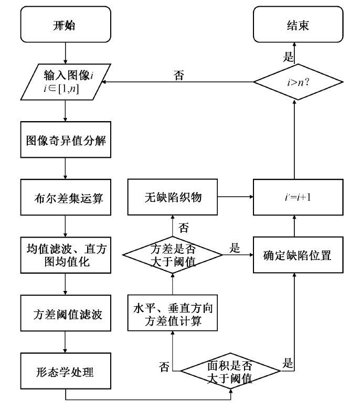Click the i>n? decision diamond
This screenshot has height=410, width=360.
tap(298, 81)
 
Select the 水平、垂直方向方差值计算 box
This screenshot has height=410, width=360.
tap(173, 314)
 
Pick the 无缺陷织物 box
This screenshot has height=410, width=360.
tap(173, 198)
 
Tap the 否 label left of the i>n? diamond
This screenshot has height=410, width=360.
tap(178, 75)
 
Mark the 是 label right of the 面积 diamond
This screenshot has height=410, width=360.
tap(289, 362)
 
